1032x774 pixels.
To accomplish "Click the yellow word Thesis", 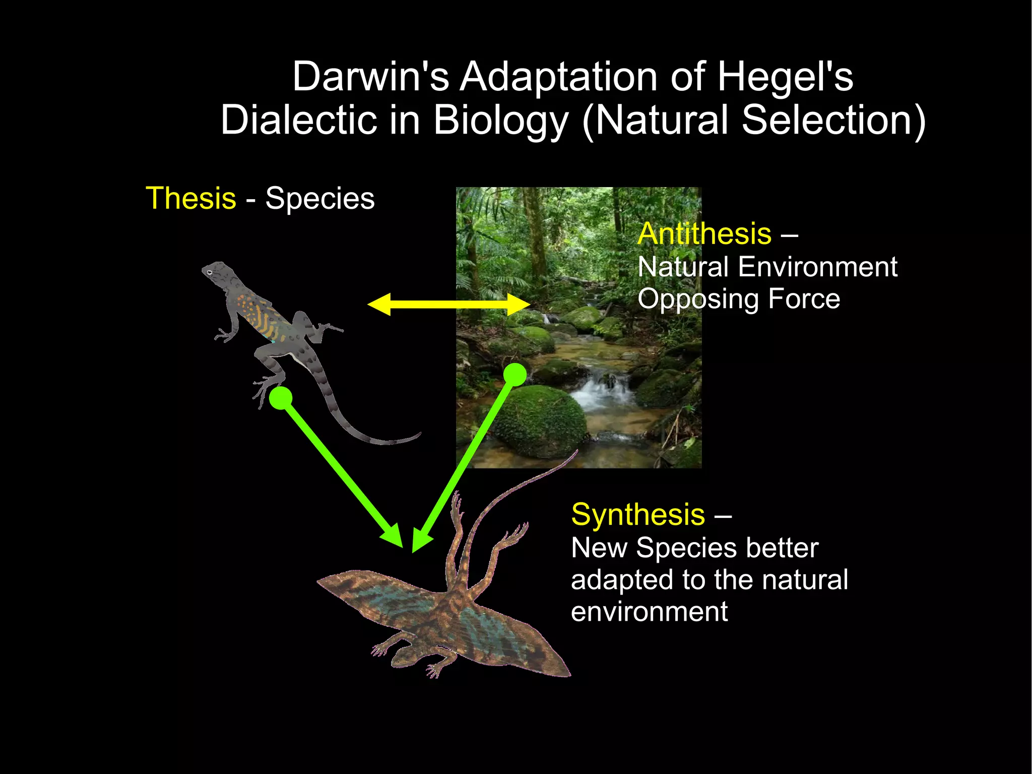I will click(x=190, y=198).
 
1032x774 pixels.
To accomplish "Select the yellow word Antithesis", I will click(x=704, y=234).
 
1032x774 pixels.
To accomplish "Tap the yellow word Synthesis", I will click(x=637, y=515).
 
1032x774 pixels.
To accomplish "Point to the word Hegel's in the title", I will click(x=785, y=77).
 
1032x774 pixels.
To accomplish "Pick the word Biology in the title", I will click(x=500, y=121).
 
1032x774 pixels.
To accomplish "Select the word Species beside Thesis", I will click(x=320, y=198).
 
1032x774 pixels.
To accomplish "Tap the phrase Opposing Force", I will click(x=738, y=299).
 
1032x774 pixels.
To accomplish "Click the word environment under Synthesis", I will click(x=649, y=612).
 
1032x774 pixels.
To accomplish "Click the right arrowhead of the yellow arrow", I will click(x=519, y=304).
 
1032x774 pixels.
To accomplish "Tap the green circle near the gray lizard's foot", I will click(x=281, y=398).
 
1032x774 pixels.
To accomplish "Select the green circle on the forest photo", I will click(x=515, y=375).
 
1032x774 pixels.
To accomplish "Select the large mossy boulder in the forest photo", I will click(x=539, y=421).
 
